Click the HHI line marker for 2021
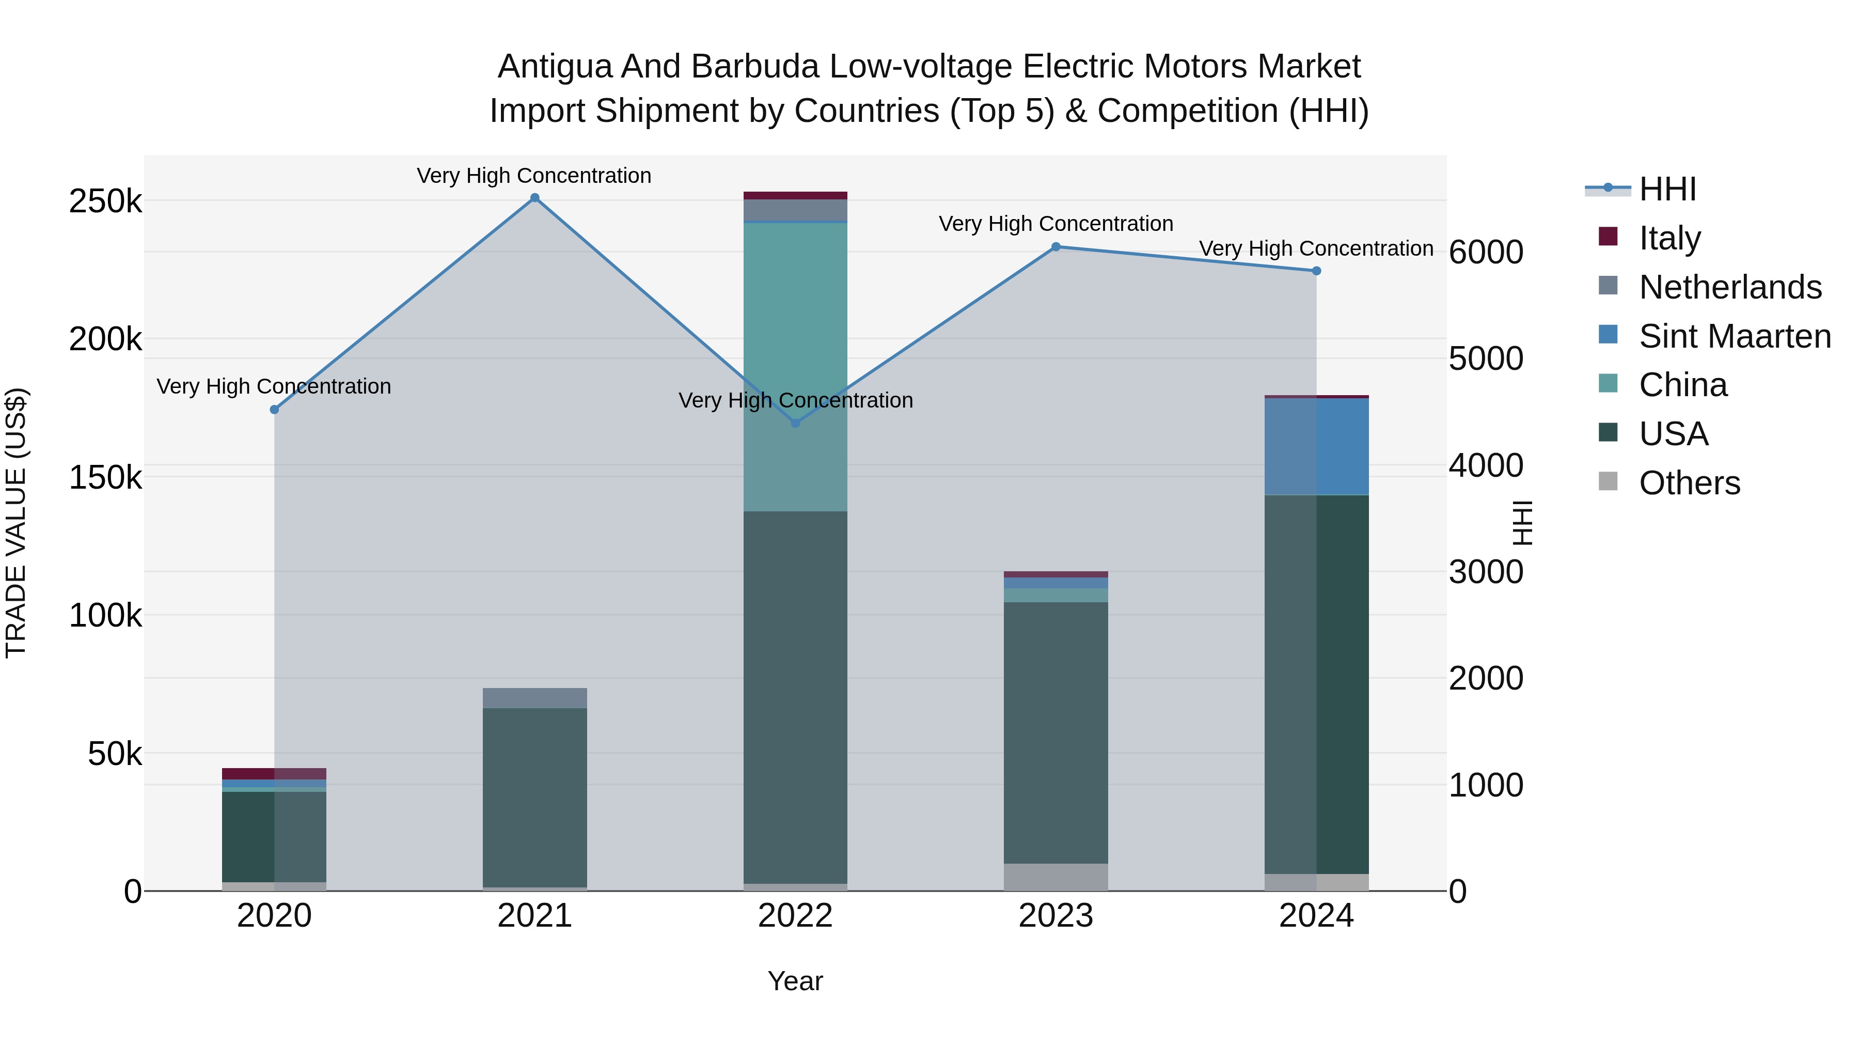point(535,198)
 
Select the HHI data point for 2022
point(795,423)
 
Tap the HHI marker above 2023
point(1056,247)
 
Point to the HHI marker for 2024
point(1316,271)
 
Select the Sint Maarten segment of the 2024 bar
point(1316,446)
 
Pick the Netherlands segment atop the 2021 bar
point(535,698)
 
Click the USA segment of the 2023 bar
point(1056,732)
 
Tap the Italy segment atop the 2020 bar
point(274,773)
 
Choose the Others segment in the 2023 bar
point(1056,877)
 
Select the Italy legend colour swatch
point(1609,237)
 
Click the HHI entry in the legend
point(1667,189)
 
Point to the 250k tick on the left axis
point(105,201)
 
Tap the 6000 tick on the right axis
point(1486,252)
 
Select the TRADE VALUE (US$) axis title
point(16,523)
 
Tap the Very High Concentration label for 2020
point(274,387)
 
